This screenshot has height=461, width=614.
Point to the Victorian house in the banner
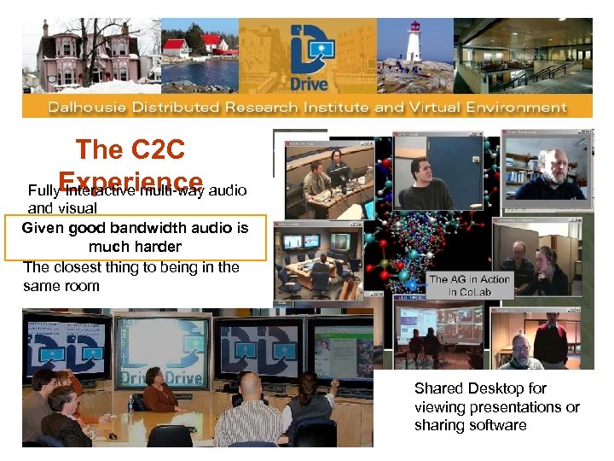tap(85, 53)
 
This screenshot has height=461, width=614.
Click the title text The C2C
tap(130, 150)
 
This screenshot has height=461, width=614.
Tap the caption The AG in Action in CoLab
tap(469, 285)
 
